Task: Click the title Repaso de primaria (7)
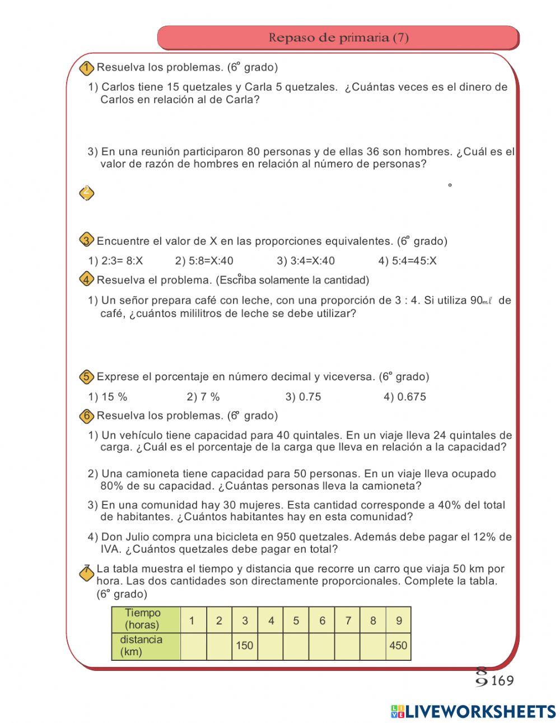(338, 38)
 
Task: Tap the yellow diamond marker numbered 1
(86, 68)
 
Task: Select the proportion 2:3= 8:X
(116, 260)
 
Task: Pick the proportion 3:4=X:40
(305, 260)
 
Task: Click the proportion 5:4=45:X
(407, 260)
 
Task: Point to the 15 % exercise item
(108, 397)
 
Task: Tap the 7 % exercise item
(203, 397)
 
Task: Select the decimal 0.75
(303, 397)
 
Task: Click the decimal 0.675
(404, 397)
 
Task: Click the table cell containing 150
(245, 646)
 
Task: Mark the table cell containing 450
(398, 646)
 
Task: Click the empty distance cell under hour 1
(193, 646)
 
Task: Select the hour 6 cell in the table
(322, 620)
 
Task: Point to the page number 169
(502, 680)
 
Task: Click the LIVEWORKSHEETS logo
(473, 711)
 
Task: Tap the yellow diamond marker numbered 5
(86, 377)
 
